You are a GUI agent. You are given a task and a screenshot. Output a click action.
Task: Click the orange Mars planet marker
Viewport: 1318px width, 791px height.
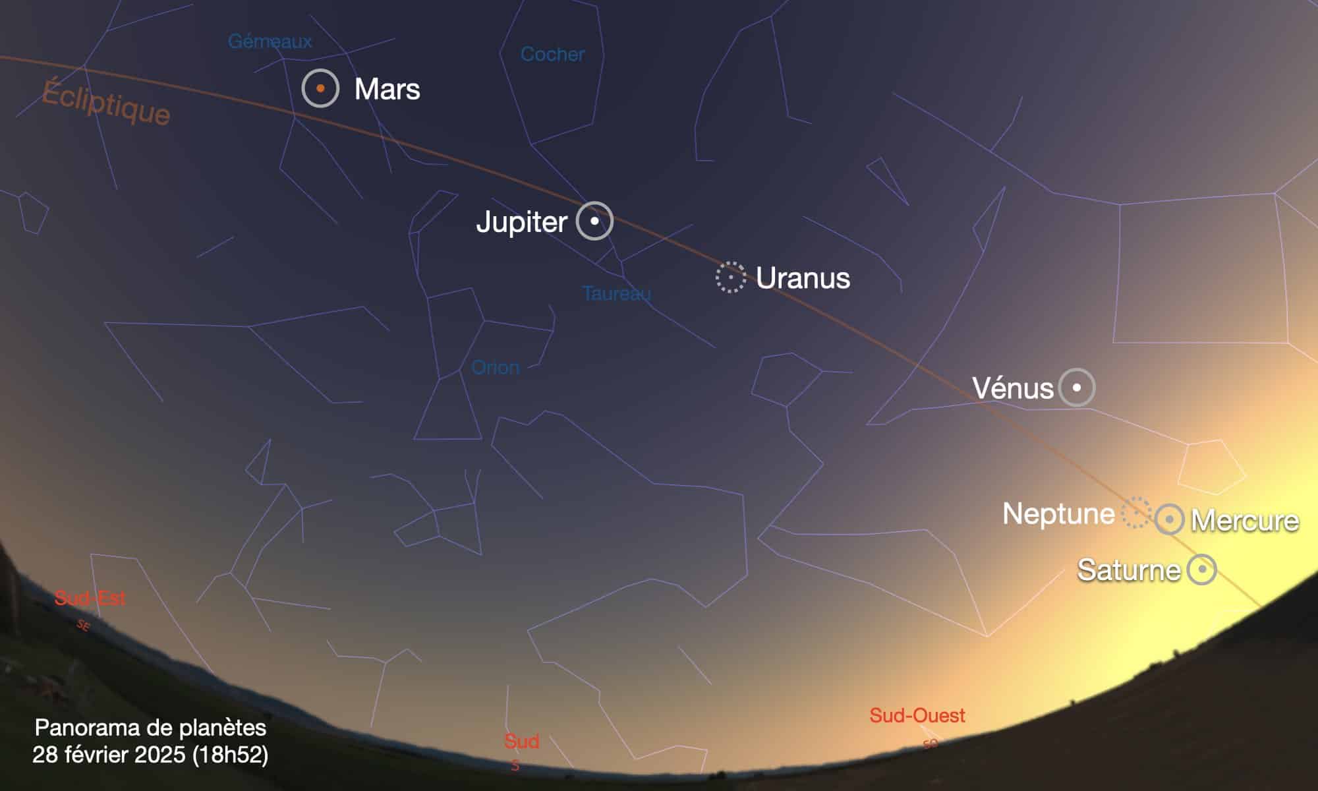coord(320,88)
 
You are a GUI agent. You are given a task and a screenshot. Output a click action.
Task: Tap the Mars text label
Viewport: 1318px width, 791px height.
coord(387,90)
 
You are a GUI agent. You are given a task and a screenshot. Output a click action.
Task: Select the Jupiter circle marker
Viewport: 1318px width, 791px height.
coord(594,221)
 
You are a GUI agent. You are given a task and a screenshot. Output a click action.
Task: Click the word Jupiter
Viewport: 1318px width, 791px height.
coord(521,222)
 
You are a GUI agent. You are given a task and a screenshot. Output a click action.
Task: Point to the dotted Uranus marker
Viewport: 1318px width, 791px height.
coord(731,278)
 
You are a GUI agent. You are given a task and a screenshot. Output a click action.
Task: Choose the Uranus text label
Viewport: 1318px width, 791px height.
coord(803,278)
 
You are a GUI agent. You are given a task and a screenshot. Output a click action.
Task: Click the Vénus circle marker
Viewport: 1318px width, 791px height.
coord(1077,387)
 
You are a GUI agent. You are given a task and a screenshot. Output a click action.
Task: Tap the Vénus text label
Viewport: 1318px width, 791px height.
coord(1013,388)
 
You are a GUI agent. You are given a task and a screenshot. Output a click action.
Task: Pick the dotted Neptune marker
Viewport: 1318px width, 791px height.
coord(1135,513)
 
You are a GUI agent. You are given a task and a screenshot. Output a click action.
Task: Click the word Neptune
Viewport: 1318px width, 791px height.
coord(1058,513)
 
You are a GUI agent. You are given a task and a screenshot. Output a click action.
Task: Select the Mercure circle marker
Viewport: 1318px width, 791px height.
coord(1170,519)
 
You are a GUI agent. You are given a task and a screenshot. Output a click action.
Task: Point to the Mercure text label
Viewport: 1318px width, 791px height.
coord(1245,521)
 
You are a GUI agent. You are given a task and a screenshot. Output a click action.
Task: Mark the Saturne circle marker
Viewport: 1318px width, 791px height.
coord(1201,569)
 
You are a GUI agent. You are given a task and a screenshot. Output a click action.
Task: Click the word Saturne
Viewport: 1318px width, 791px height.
coord(1128,570)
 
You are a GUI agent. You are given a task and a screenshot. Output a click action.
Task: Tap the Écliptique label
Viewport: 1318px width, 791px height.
coord(106,102)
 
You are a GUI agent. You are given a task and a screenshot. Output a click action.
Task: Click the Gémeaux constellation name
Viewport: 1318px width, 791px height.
coord(270,42)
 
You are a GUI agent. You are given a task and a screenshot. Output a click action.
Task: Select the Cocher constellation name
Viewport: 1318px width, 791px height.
coord(552,54)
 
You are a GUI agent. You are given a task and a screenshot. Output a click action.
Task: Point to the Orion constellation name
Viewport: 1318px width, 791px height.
coord(496,367)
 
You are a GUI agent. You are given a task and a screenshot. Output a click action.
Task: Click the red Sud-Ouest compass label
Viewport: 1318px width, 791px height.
coord(917,715)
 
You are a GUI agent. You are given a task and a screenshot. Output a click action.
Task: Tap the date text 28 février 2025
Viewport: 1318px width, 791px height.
coord(110,755)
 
